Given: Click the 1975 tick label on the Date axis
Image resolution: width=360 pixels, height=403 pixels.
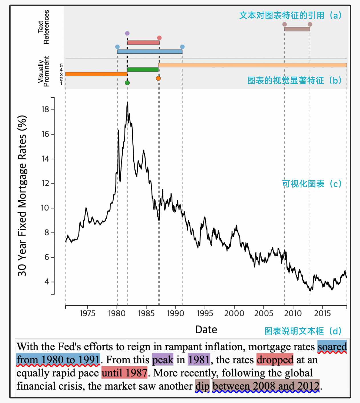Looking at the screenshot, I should pos(87,313).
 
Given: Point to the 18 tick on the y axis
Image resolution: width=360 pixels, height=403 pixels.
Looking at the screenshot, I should pos(45,110).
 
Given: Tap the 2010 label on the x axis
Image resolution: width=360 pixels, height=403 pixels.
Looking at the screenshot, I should pos(293,313).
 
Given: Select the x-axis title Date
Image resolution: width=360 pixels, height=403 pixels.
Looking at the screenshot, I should pos(206,330).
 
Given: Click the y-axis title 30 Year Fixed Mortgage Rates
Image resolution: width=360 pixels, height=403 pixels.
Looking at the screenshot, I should pos(22,196).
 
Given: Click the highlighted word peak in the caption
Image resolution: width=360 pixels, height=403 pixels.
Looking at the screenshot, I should pos(163,360).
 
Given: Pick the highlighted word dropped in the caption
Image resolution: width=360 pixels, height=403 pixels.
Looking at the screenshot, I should pos(275,360).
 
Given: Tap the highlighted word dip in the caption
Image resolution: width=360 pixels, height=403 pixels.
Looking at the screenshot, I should pos(202,386).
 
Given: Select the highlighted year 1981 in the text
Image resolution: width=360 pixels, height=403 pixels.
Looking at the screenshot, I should pos(199,360).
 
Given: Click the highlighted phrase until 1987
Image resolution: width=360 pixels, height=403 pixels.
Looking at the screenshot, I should pos(124,373).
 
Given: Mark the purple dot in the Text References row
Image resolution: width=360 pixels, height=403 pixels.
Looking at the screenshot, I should pos(127,33).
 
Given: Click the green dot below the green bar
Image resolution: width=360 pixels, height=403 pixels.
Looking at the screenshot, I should pos(127,83).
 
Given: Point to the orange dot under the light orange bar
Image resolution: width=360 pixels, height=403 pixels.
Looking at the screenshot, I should pos(158,78).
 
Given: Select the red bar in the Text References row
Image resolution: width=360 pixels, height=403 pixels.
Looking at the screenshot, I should pos(143,43).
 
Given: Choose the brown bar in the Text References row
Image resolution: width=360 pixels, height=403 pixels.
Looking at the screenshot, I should pos(297,29).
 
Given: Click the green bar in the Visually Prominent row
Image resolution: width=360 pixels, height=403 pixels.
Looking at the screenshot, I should pos(143,69).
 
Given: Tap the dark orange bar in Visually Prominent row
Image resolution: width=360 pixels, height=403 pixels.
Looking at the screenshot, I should pos(96,74).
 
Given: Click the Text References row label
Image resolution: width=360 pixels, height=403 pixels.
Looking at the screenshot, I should pos(43,27).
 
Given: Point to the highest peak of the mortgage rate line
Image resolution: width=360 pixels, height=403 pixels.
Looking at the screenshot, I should pos(127,103).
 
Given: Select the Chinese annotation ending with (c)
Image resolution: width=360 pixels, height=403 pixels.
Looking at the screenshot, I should pos(312,184).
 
